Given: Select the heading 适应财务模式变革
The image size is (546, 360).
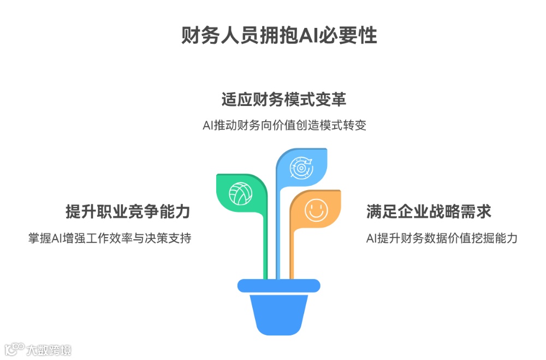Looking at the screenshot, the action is [283, 100].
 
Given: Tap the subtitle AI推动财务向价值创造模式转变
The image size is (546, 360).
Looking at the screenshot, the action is [283, 125].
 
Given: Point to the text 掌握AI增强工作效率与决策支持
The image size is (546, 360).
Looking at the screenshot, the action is [110, 238].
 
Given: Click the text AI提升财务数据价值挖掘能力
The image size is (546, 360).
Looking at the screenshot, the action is [441, 238].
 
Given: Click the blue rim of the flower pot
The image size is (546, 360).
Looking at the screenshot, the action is [278, 285].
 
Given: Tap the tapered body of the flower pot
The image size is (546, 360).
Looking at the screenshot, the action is [278, 314].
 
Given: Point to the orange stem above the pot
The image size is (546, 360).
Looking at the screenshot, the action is [292, 257].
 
